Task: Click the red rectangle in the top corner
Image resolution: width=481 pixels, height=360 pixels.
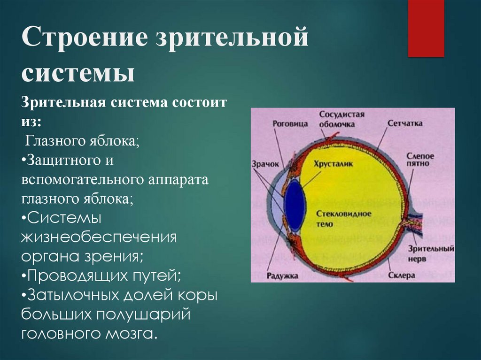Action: click(426, 28)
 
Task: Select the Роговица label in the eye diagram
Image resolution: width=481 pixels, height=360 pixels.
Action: click(290, 123)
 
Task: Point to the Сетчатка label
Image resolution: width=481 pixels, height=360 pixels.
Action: click(405, 123)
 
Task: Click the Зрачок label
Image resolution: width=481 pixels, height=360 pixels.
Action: click(265, 164)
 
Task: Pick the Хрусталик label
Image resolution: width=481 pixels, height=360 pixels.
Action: click(334, 164)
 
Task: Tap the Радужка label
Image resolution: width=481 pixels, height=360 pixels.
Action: click(282, 276)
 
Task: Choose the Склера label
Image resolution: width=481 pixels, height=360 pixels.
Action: click(402, 275)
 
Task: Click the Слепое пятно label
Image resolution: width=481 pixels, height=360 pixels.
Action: click(420, 160)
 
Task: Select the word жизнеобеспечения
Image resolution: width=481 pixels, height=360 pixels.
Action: click(99, 237)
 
